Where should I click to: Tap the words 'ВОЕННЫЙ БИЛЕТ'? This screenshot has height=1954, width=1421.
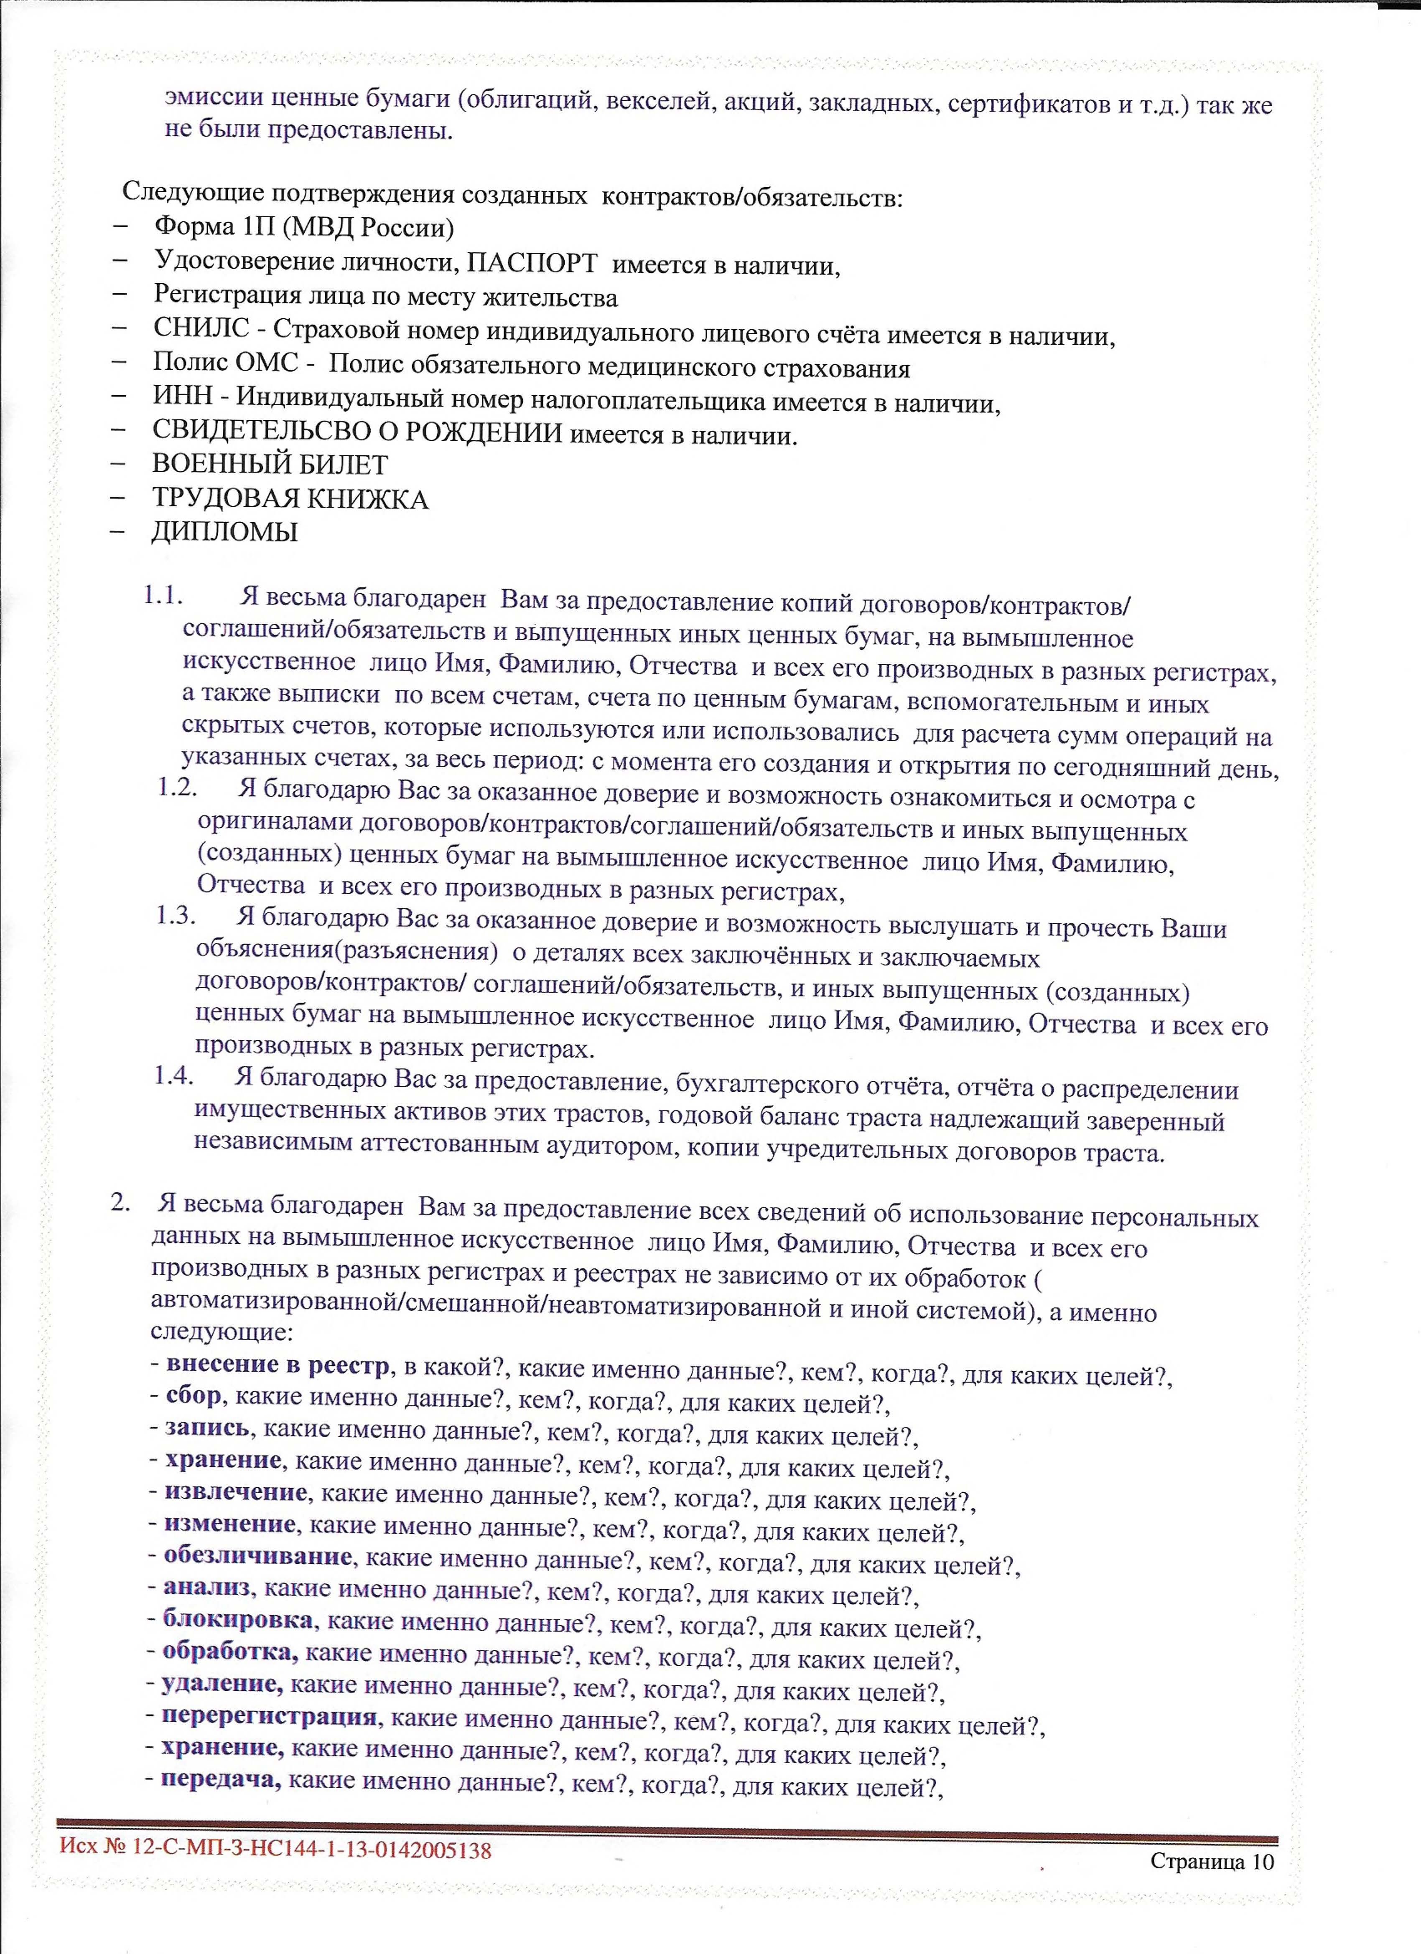[270, 465]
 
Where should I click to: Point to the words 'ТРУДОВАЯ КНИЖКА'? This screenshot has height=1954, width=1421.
[290, 499]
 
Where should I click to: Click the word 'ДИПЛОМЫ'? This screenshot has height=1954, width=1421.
[224, 531]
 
